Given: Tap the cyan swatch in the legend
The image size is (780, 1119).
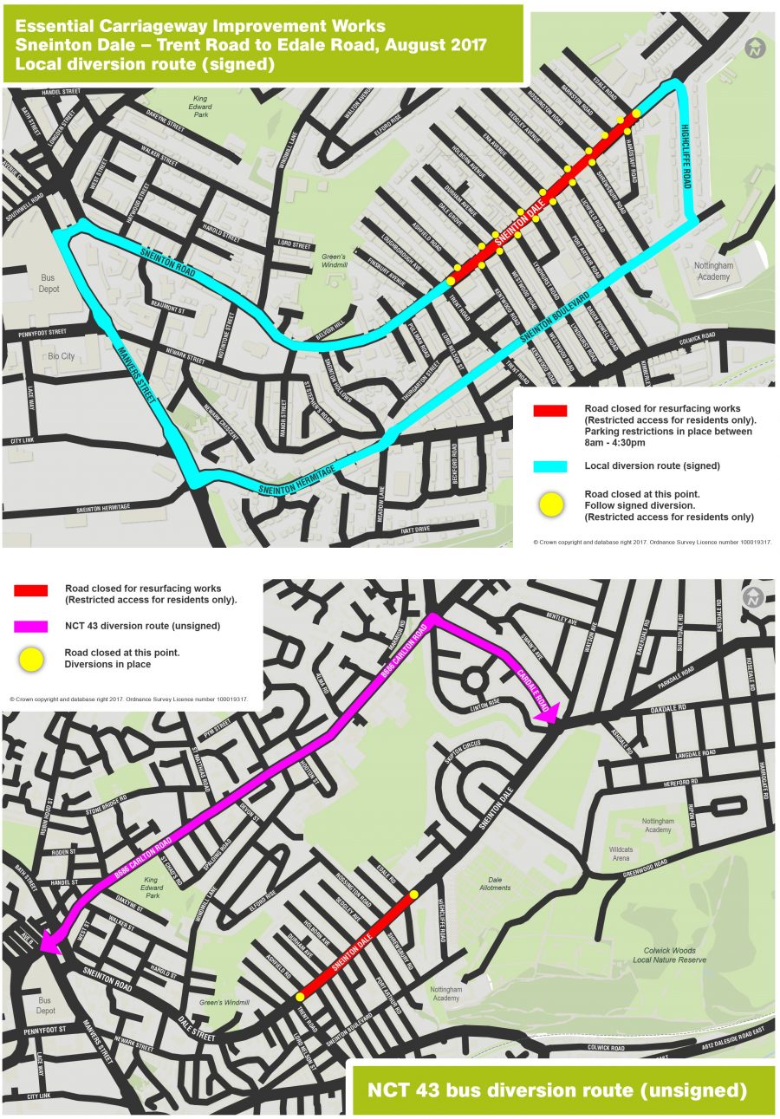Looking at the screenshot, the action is click(549, 466).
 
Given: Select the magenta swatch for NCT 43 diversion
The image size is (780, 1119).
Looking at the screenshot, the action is click(31, 626).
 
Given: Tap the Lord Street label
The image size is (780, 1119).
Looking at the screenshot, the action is click(288, 244).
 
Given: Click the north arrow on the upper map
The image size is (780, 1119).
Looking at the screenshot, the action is click(756, 47).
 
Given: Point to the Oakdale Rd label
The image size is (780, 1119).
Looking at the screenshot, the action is click(666, 710).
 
